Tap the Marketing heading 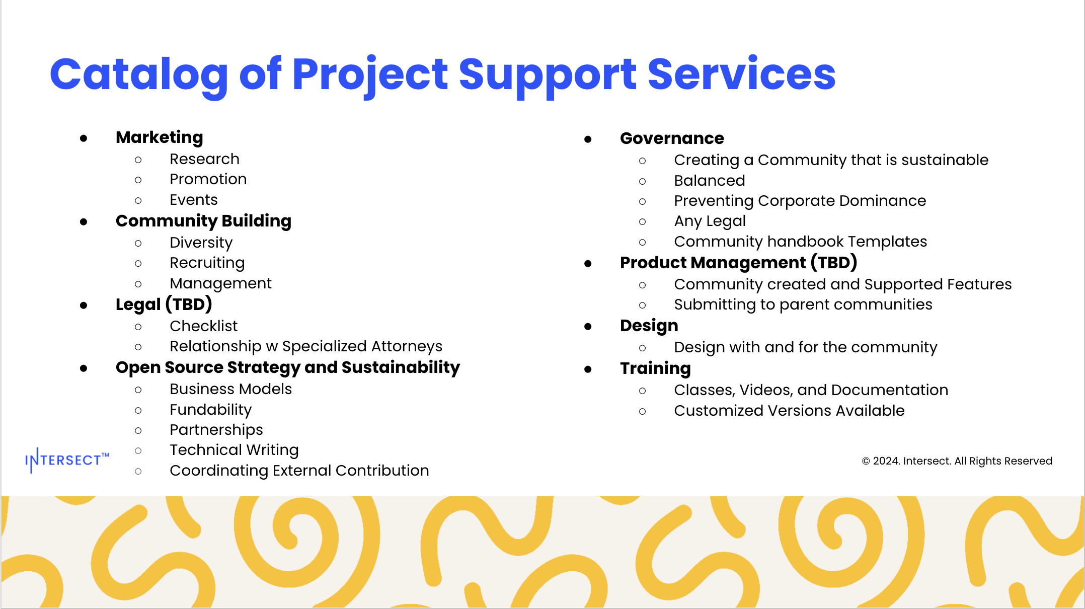160,138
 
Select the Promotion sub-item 208,179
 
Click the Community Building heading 203,221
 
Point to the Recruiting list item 207,263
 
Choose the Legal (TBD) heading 164,304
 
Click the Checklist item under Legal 204,326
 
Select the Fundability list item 211,410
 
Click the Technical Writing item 235,450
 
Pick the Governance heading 672,138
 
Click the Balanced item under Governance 710,181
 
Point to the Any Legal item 710,221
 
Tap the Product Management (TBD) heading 739,263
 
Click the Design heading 649,326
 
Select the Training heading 655,369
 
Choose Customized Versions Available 789,411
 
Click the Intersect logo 67,460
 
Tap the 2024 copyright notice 957,461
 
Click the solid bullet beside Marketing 84,138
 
